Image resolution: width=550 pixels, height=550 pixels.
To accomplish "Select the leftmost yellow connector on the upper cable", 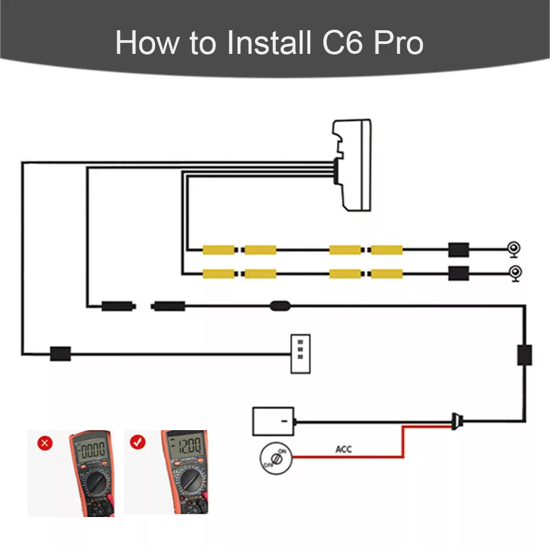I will (219, 250).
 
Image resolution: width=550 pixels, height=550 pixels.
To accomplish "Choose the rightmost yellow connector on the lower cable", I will (386, 273).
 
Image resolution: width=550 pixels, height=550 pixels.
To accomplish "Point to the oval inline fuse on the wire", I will (280, 305).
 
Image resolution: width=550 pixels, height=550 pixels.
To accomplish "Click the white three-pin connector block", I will (300, 354).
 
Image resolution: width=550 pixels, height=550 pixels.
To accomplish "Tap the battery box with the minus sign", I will (273, 422).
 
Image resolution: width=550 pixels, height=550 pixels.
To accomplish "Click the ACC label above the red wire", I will (344, 449).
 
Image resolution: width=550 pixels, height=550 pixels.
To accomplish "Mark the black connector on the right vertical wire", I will (524, 355).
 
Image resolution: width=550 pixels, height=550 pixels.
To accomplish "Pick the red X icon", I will (46, 443).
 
